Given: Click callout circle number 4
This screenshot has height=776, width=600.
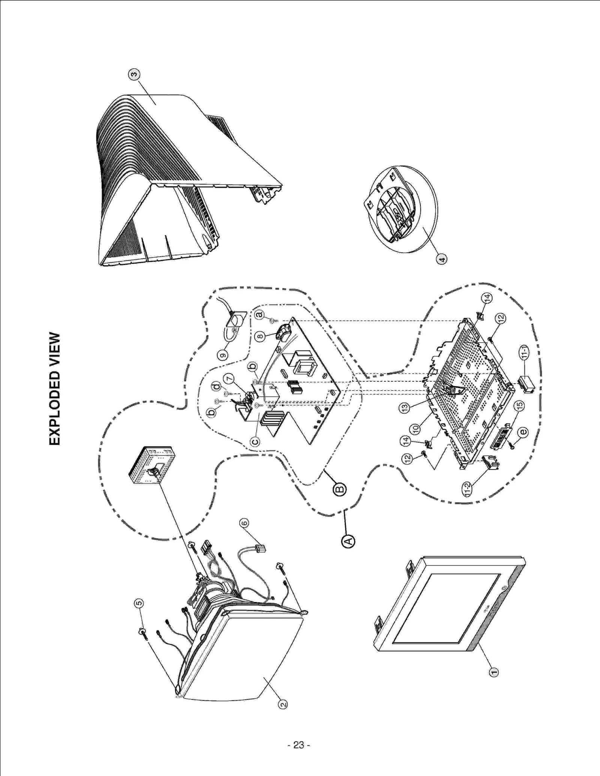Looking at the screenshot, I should pos(442,259).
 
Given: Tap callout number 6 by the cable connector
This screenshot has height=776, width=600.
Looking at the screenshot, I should pos(244,523).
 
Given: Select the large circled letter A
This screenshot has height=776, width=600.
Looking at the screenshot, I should pos(348,541).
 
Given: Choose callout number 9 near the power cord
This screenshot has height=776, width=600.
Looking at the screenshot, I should pos(223,354).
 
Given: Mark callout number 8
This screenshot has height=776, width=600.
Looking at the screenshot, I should pos(260,336).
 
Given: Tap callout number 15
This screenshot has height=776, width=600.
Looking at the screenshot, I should pos(519,405).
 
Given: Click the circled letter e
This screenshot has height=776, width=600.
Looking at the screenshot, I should pos(523,432).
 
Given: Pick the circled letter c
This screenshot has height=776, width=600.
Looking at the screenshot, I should pos(255,442).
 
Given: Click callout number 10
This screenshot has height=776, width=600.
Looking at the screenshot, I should pos(415,429).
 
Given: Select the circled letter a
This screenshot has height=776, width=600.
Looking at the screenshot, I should pos(259,314).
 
